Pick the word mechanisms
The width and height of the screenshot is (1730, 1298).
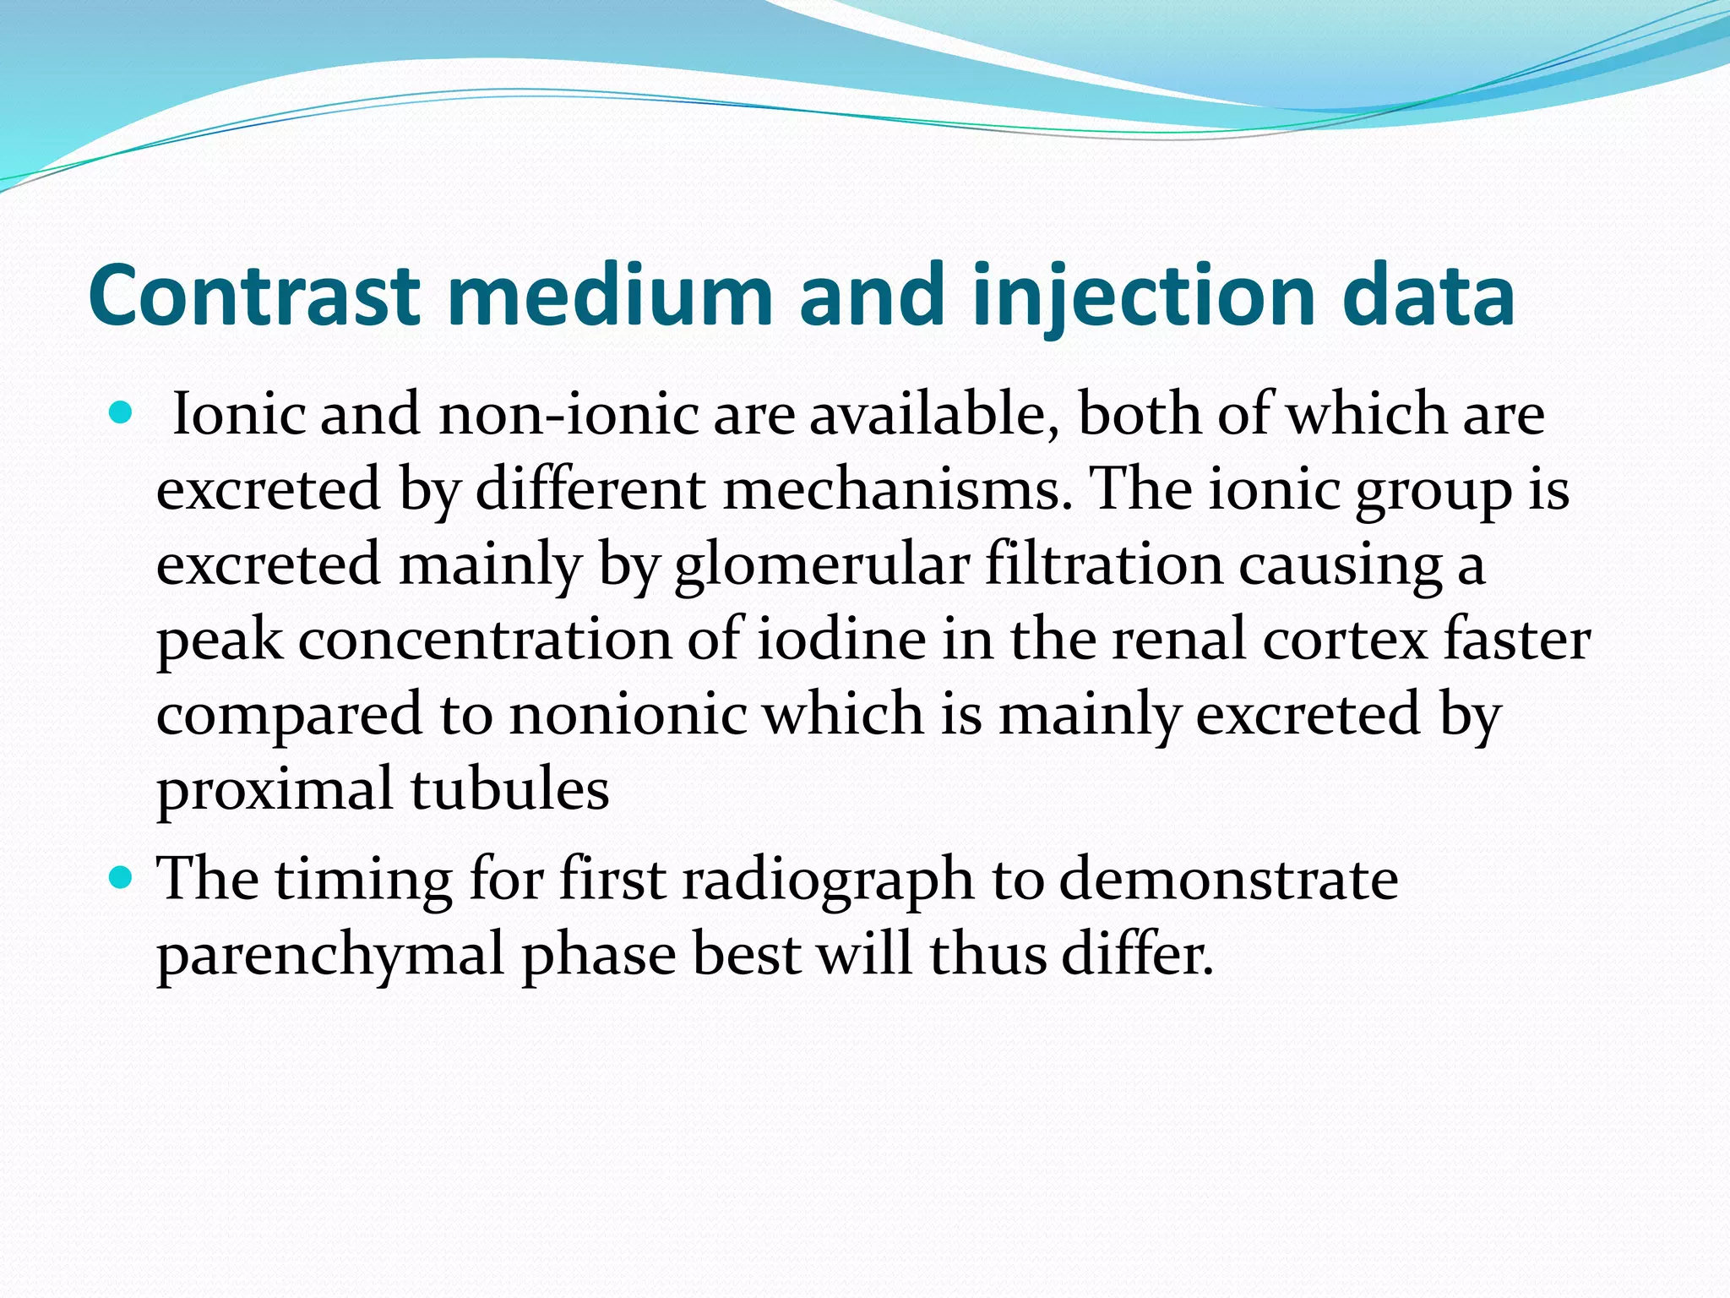point(897,489)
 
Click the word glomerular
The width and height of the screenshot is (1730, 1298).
point(821,564)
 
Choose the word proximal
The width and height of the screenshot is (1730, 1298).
point(275,789)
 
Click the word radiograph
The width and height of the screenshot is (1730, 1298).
point(828,880)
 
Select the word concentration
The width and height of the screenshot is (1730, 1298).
point(484,639)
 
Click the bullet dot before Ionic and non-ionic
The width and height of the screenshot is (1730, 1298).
point(122,413)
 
